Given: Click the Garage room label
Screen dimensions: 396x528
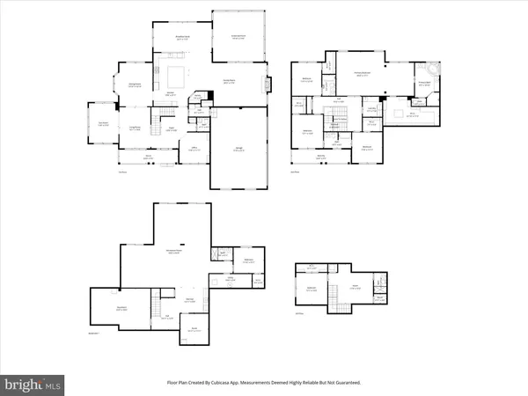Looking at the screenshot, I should click(x=239, y=150).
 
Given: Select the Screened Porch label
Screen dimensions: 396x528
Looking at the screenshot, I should click(x=238, y=38).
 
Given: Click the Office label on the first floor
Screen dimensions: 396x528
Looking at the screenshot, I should click(x=193, y=148).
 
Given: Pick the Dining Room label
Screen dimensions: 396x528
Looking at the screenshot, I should click(x=135, y=85).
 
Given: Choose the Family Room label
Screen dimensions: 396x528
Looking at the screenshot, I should click(x=226, y=81).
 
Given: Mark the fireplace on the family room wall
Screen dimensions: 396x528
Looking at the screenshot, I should click(x=268, y=85).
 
